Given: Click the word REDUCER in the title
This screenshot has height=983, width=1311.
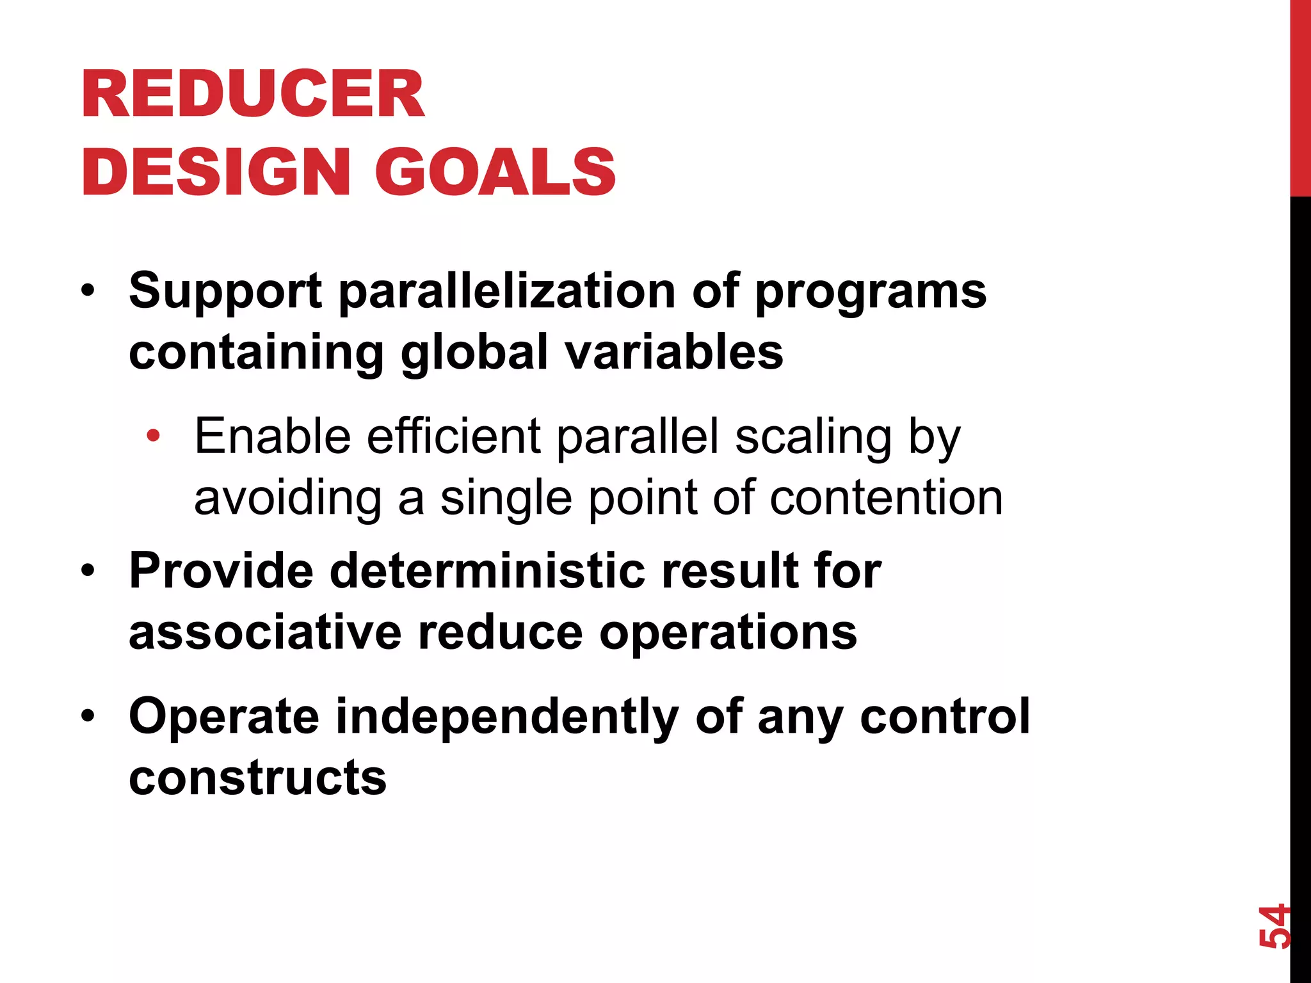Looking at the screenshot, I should (x=253, y=95).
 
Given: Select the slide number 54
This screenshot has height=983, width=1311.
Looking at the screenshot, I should (x=1273, y=926).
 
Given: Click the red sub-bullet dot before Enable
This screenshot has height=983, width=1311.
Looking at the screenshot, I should (x=153, y=436).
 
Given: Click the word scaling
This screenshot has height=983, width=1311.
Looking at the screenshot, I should (x=813, y=438).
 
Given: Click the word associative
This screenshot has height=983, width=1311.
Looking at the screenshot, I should (x=265, y=632).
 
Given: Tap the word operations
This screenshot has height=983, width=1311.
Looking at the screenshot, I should (x=728, y=634).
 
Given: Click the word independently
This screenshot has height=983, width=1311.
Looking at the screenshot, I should (x=507, y=717).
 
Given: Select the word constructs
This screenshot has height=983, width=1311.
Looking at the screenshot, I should (x=257, y=778).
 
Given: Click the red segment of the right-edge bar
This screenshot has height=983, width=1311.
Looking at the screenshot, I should (x=1300, y=96).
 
